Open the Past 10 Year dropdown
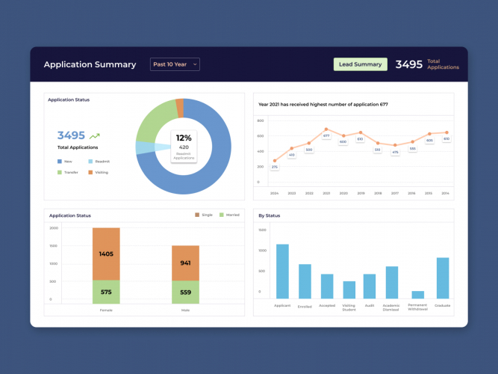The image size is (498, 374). pyautogui.click(x=175, y=64)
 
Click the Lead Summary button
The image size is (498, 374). pyautogui.click(x=360, y=64)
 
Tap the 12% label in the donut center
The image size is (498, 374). pyautogui.click(x=184, y=138)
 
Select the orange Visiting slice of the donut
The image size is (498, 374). pyautogui.click(x=179, y=108)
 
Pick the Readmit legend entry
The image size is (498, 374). pyautogui.click(x=100, y=161)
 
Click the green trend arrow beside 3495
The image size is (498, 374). pyautogui.click(x=95, y=136)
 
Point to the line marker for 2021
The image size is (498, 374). pyautogui.click(x=326, y=129)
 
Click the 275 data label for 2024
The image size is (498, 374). pyautogui.click(x=274, y=167)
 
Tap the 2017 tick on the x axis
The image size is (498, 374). pyautogui.click(x=395, y=194)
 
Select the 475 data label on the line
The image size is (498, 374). pyautogui.click(x=395, y=152)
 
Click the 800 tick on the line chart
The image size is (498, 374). pyautogui.click(x=261, y=120)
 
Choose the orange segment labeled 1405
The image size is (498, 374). pyautogui.click(x=106, y=254)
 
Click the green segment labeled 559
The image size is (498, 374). pyautogui.click(x=185, y=292)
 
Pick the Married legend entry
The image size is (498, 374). pyautogui.click(x=228, y=215)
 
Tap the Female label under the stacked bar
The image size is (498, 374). pyautogui.click(x=106, y=308)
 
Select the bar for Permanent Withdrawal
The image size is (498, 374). pyautogui.click(x=417, y=295)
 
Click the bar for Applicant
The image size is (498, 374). pyautogui.click(x=282, y=271)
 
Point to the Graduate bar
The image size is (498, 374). pyautogui.click(x=443, y=278)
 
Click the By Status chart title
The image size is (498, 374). pyautogui.click(x=269, y=215)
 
